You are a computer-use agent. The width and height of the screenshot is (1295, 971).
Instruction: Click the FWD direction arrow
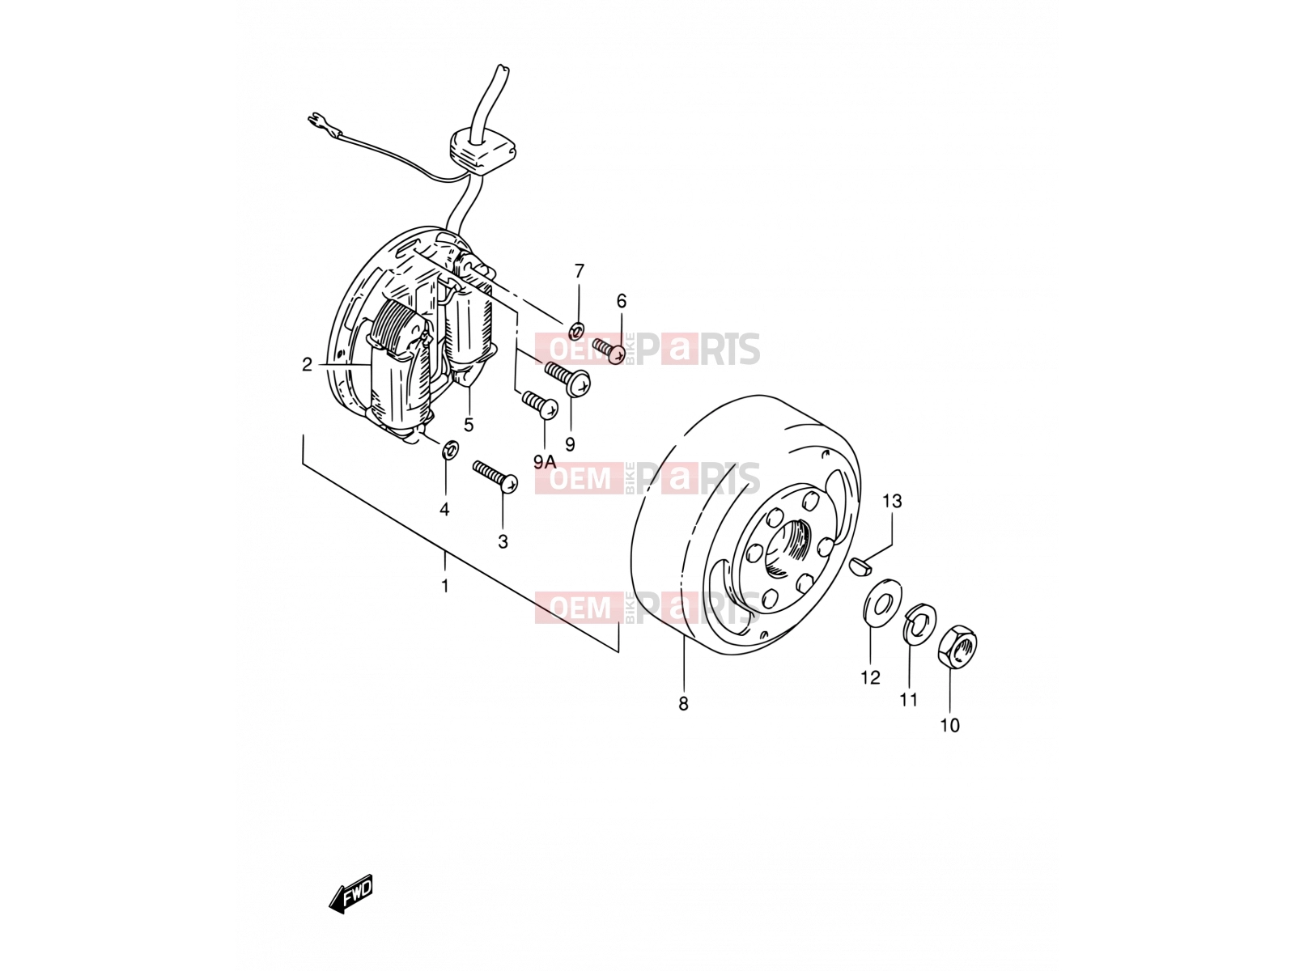350,894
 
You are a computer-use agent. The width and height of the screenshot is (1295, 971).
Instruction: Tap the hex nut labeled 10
957,647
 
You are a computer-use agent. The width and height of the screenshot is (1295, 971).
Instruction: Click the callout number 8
683,704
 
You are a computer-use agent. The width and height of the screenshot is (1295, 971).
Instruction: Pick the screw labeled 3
495,477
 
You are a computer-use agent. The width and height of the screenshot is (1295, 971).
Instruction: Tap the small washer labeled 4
452,450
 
